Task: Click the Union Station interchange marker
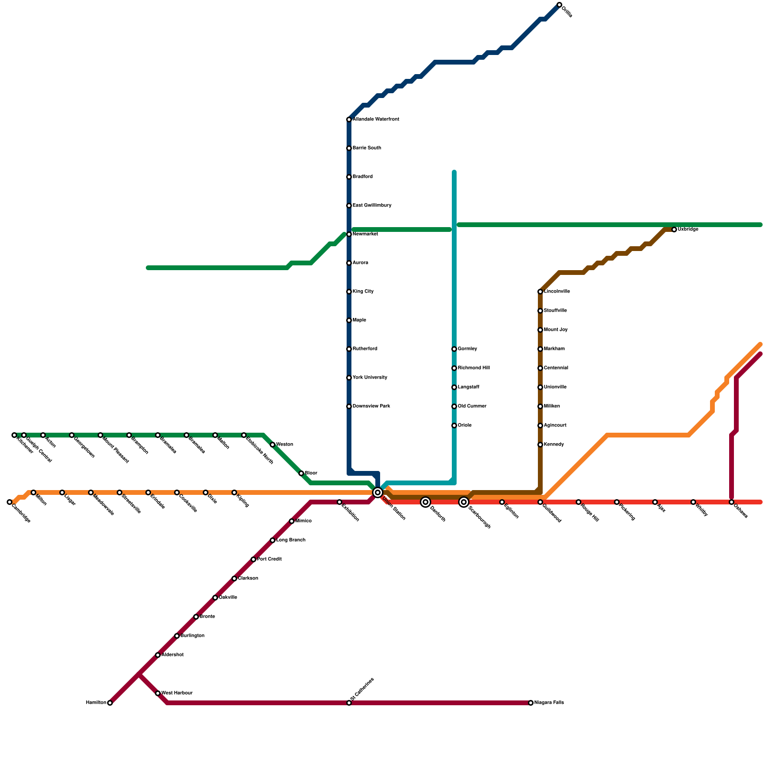(378, 492)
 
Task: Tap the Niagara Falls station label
(549, 703)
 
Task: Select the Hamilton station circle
(110, 703)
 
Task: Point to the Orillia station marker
(559, 5)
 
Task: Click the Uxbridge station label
(688, 229)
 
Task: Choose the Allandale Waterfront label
(376, 120)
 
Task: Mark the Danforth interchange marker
(426, 502)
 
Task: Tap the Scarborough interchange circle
(464, 502)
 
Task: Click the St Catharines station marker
(349, 703)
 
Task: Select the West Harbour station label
(177, 693)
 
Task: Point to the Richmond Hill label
(473, 368)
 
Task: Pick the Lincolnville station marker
(540, 292)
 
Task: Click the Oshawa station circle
(732, 502)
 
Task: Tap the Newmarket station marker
(349, 234)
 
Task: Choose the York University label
(370, 378)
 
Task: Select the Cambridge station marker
(10, 502)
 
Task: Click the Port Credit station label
(269, 559)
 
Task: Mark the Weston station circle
(273, 445)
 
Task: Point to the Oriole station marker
(454, 426)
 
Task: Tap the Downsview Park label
(371, 406)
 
